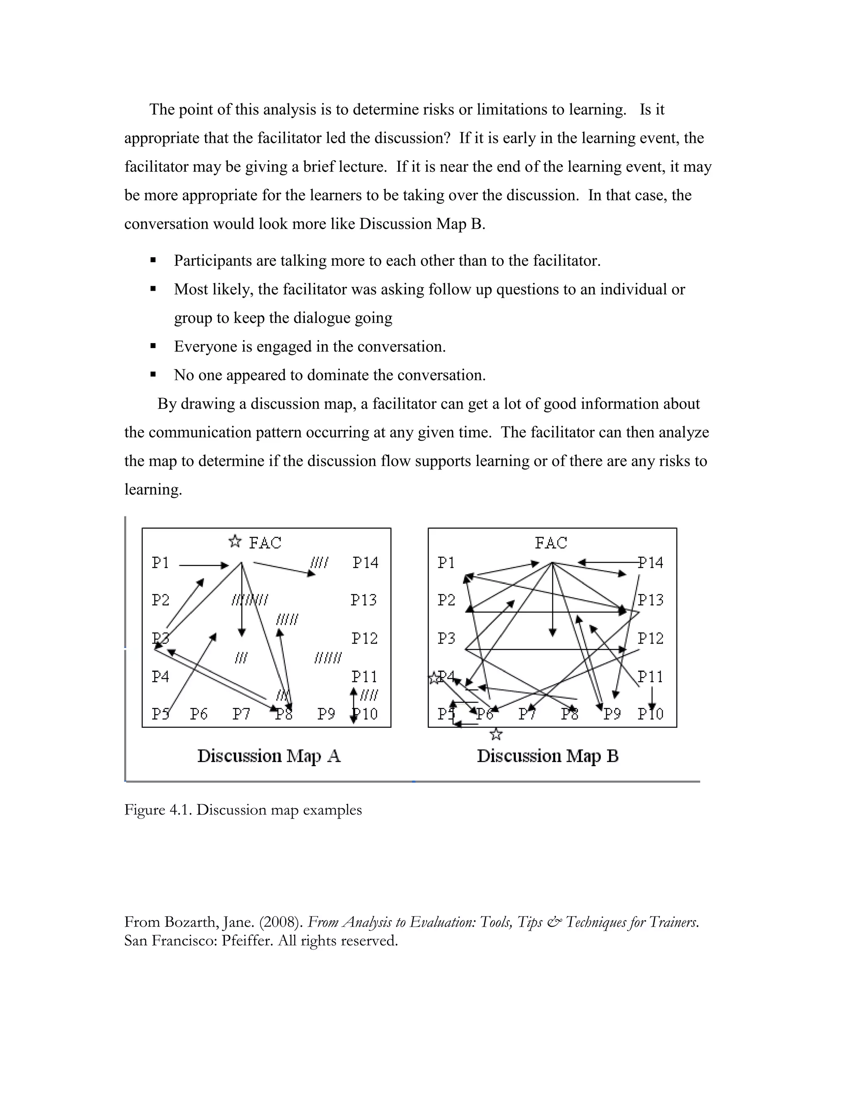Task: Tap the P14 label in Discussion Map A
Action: click(x=366, y=563)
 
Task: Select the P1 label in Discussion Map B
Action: click(x=446, y=563)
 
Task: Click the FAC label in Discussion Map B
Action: click(x=551, y=542)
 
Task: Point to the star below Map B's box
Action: click(x=496, y=735)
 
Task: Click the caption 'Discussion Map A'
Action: click(x=269, y=756)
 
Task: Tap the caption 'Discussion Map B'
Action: click(x=548, y=756)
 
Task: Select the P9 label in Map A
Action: click(x=326, y=714)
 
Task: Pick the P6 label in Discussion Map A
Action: click(x=199, y=714)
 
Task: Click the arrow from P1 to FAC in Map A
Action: click(x=204, y=566)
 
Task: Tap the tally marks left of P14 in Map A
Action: click(x=319, y=563)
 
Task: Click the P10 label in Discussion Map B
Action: click(x=650, y=714)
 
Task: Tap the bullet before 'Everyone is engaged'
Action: click(x=153, y=346)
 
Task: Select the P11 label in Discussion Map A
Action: click(x=364, y=677)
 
